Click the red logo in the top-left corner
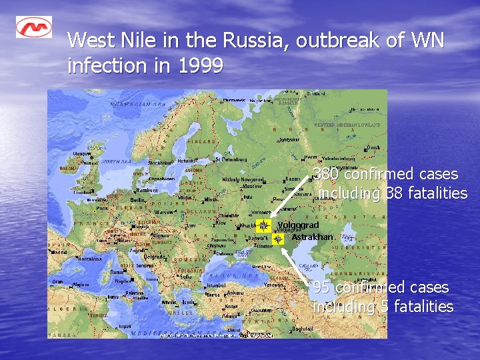click(x=34, y=27)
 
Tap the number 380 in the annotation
click(x=327, y=175)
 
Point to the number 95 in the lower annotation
click(x=321, y=287)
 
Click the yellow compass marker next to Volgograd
click(x=263, y=226)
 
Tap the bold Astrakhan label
click(x=311, y=237)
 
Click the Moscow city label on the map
click(x=252, y=186)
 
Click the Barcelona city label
click(x=77, y=259)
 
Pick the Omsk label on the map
click(x=374, y=147)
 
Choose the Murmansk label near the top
click(x=235, y=100)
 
